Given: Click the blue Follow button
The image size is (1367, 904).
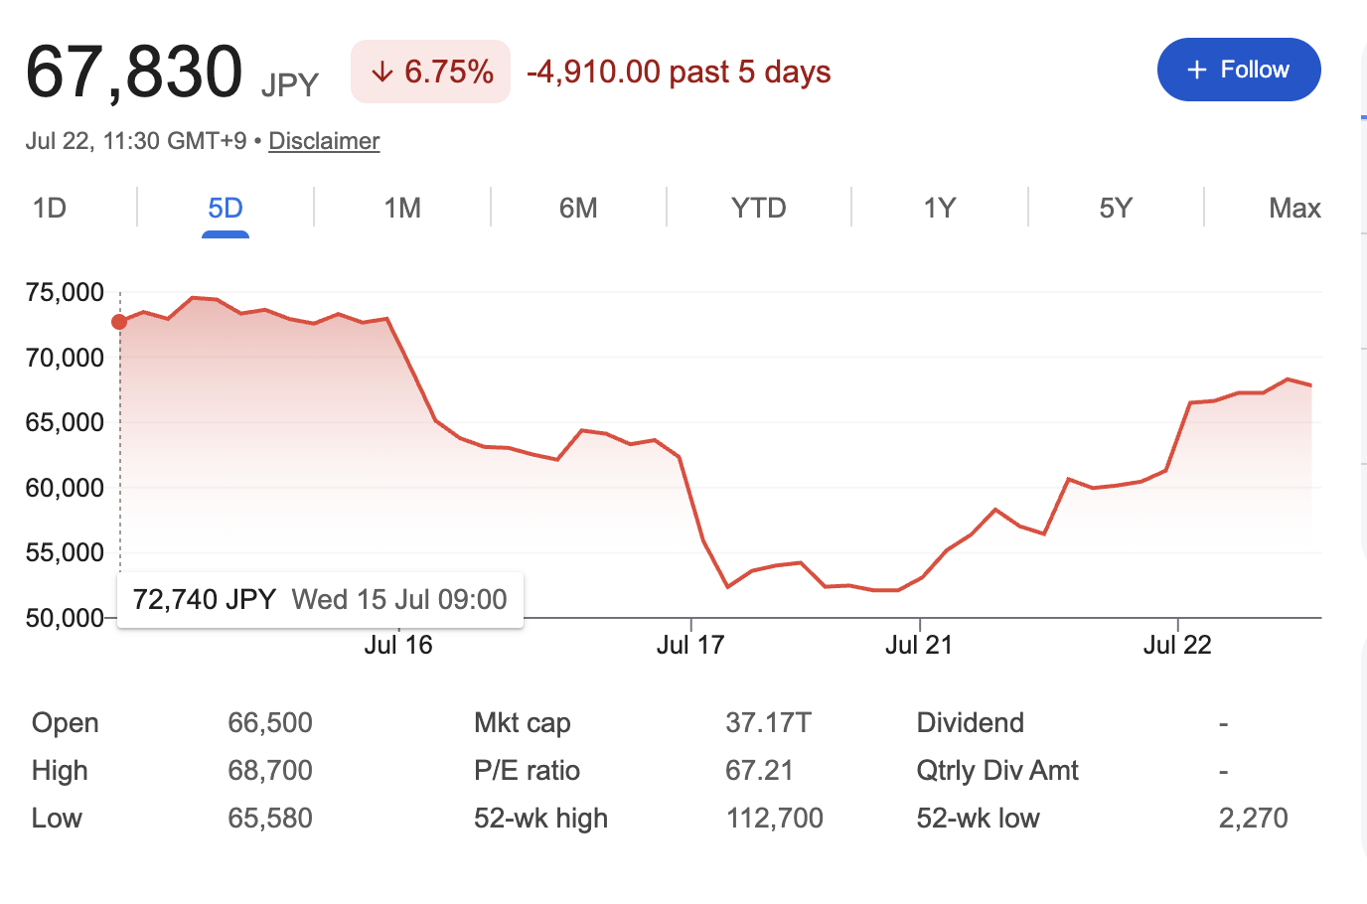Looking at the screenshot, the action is (x=1239, y=70).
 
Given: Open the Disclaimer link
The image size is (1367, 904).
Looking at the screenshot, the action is (x=324, y=141).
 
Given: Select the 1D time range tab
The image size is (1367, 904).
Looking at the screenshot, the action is (x=50, y=209).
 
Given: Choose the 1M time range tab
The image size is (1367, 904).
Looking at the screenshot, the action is (x=402, y=209).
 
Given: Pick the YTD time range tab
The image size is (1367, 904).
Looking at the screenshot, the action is (x=759, y=209).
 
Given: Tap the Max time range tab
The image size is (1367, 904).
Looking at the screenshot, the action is (x=1295, y=209).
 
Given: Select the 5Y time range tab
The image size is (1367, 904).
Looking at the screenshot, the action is (x=1116, y=209).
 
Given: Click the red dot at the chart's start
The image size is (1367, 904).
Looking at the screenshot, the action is (x=119, y=322).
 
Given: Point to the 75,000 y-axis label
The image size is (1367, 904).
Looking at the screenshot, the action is (x=65, y=292).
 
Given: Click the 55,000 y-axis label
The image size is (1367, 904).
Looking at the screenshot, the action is (x=65, y=552).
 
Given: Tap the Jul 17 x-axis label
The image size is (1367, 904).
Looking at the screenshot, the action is (x=690, y=645).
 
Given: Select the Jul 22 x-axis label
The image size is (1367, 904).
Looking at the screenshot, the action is (x=1177, y=645).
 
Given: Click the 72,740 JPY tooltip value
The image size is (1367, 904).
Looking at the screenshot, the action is (x=205, y=599).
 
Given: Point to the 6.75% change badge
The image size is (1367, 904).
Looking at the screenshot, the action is (x=430, y=72).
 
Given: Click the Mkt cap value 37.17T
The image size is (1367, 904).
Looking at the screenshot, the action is (x=768, y=723).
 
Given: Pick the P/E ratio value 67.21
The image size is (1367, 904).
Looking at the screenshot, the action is (x=759, y=770).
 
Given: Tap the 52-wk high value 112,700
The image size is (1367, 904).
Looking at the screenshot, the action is (x=775, y=818).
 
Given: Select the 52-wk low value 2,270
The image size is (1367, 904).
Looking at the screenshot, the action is (x=1254, y=818).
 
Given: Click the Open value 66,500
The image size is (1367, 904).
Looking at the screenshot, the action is (x=270, y=723).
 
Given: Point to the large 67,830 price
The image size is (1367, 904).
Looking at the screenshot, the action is (x=134, y=73).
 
